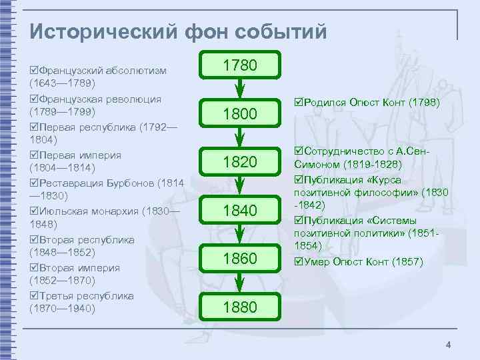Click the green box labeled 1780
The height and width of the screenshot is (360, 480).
tap(239, 65)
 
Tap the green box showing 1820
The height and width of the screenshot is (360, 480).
tap(239, 161)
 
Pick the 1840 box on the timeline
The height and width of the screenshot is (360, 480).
tap(239, 210)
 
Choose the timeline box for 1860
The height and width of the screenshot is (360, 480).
tap(239, 258)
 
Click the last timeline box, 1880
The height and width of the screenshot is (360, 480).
tap(239, 306)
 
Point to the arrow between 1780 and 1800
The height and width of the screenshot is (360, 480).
tap(239, 89)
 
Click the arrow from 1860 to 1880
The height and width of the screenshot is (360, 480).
tap(239, 282)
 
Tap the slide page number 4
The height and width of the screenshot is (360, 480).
tap(449, 345)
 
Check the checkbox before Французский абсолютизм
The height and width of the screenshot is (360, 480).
tap(34, 70)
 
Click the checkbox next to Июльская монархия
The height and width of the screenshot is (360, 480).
tap(34, 211)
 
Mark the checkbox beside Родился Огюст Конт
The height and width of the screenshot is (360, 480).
tap(298, 103)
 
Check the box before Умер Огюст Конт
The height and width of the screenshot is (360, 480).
tap(298, 262)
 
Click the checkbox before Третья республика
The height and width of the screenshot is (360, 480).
tap(34, 295)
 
